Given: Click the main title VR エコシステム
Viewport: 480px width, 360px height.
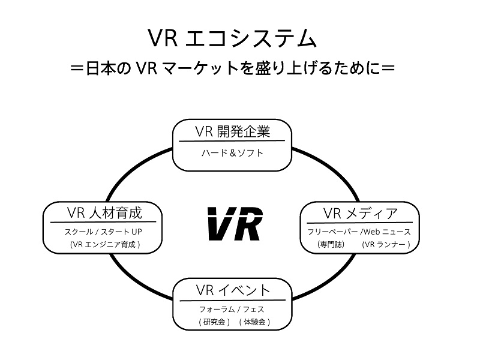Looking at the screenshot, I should pyautogui.click(x=232, y=38).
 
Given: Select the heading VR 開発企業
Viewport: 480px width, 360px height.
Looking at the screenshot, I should pyautogui.click(x=232, y=131).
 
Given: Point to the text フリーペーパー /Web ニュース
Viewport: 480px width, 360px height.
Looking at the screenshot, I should pyautogui.click(x=359, y=232).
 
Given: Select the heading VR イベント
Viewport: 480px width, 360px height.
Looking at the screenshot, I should pyautogui.click(x=233, y=290).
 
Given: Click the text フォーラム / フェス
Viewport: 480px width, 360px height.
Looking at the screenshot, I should pyautogui.click(x=232, y=310).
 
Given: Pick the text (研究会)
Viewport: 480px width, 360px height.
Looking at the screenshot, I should pyautogui.click(x=214, y=322).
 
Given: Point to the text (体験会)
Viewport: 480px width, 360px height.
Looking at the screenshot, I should pyautogui.click(x=254, y=322).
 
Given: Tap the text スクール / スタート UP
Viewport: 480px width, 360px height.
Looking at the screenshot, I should pyautogui.click(x=104, y=232).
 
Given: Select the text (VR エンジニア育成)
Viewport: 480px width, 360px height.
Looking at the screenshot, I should pyautogui.click(x=104, y=244).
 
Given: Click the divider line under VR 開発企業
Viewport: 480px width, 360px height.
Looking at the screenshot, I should pyautogui.click(x=232, y=142).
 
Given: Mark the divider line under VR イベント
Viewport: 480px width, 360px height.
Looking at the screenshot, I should pyautogui.click(x=233, y=300).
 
